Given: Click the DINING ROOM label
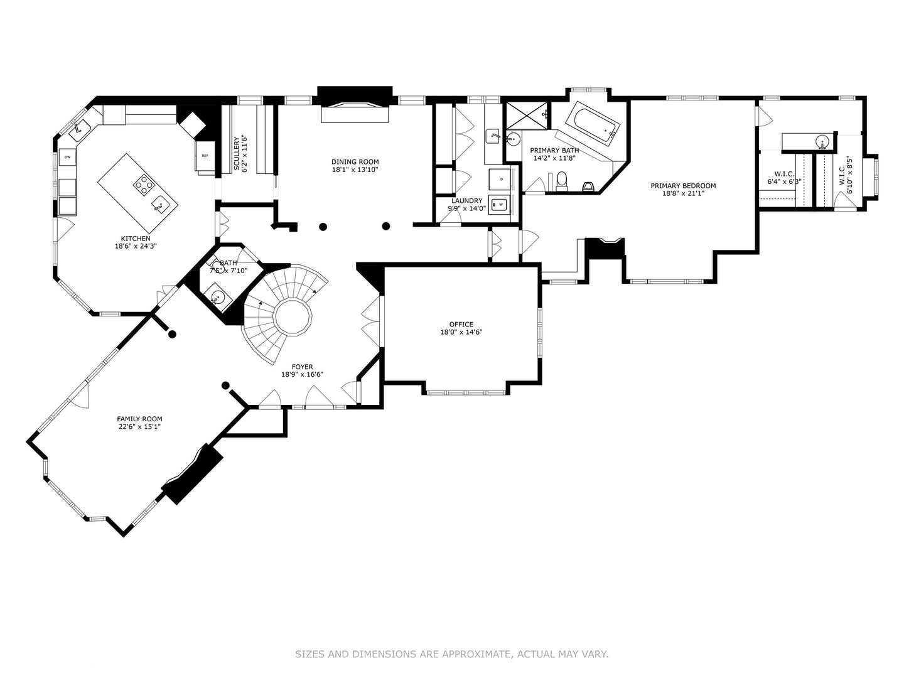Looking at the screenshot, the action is (355, 162).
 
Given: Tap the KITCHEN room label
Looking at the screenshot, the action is (136, 239).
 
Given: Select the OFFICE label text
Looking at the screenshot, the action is (461, 325).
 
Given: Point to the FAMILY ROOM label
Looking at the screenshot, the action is (139, 419).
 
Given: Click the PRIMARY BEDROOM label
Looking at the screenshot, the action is (683, 186).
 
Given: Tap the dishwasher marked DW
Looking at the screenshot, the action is (68, 157).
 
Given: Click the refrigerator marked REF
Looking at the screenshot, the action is (205, 156).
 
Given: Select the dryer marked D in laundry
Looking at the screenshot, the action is (502, 180).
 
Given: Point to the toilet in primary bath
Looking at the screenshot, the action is (561, 181).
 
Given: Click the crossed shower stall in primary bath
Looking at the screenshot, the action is (527, 116).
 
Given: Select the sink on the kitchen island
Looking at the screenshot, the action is (160, 203).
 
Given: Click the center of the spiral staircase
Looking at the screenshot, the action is (293, 318).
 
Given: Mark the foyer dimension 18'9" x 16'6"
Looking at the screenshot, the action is (303, 375).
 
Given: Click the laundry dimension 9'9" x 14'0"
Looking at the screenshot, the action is (466, 208).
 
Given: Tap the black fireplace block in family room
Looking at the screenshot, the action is (193, 474).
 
